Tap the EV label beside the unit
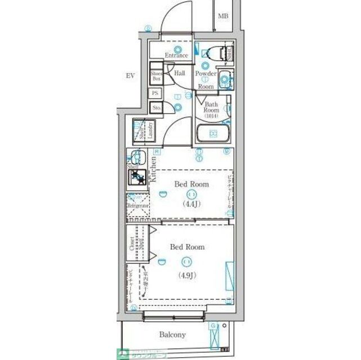[x=130, y=75]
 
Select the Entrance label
[x=176, y=55]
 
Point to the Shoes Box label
[x=156, y=76]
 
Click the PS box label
[x=155, y=93]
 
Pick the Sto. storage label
[x=156, y=108]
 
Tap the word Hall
[x=180, y=73]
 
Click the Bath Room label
[x=211, y=107]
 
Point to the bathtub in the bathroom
[x=213, y=134]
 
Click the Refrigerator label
[x=137, y=206]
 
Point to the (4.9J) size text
[x=188, y=275]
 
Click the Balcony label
[x=172, y=335]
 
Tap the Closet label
[x=132, y=243]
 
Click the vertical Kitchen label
[x=153, y=169]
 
